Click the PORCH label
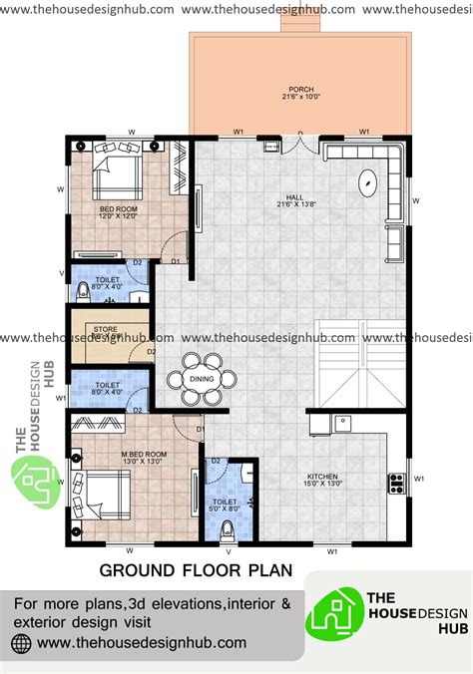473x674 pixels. (x=299, y=89)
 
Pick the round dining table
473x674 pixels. (x=203, y=379)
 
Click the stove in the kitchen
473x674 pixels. (x=395, y=484)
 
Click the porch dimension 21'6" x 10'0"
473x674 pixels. (x=299, y=98)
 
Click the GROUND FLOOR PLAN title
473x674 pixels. (x=196, y=570)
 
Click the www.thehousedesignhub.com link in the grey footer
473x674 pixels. (x=134, y=643)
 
